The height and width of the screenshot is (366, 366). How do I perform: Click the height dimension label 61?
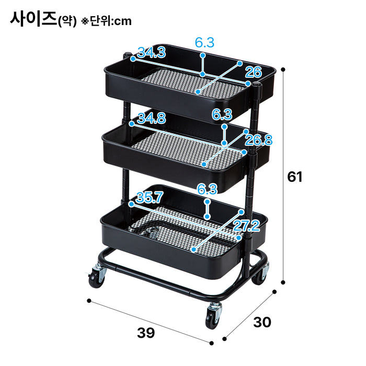295,177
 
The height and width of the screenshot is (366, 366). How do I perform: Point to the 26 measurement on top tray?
253,72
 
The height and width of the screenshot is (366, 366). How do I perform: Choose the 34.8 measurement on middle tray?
151,119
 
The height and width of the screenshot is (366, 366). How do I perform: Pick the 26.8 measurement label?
259,140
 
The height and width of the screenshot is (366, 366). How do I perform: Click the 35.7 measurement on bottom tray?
150,197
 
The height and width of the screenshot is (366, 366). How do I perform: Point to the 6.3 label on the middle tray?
222,114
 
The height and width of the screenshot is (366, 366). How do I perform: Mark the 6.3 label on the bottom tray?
208,190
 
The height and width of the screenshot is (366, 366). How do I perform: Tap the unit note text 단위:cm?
110,21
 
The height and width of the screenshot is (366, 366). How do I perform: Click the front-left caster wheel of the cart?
97,277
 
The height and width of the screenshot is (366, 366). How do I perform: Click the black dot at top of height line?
283,69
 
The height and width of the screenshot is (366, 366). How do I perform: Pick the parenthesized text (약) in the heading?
67,21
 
